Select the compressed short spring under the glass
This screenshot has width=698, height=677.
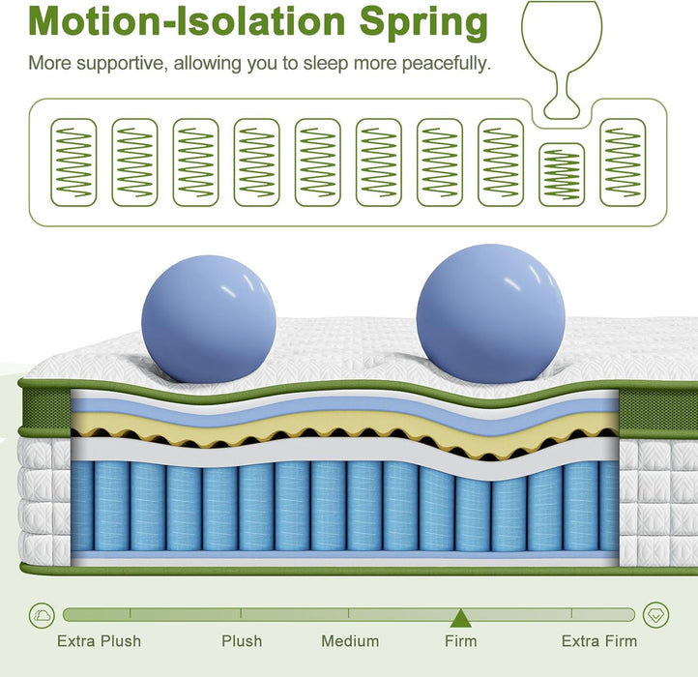561,174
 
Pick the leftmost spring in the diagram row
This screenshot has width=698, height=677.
74,162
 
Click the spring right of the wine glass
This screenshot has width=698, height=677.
623,162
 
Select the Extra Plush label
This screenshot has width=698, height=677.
99,641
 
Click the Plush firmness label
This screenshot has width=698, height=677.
242,641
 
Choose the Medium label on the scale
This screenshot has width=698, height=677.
350,641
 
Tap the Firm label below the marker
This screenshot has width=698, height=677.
460,641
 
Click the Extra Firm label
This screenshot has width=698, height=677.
599,641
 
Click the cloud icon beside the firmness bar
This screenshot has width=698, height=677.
43,614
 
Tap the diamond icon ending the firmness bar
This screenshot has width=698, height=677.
656,614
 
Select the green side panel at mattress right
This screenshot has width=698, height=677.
656,412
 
